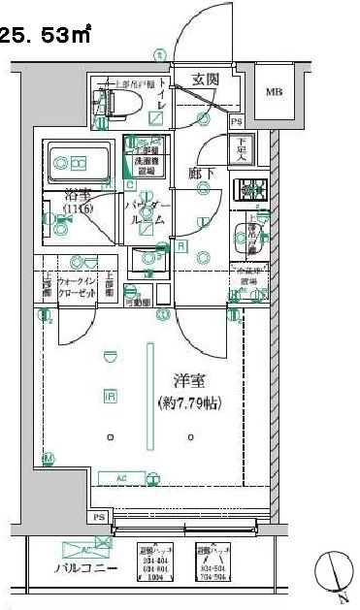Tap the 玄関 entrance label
(x=204, y=80)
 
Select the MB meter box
(x=275, y=93)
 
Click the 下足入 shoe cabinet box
(x=243, y=149)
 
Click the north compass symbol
(x=332, y=569)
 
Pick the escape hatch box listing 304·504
(x=213, y=562)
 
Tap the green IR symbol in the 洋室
(x=110, y=395)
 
